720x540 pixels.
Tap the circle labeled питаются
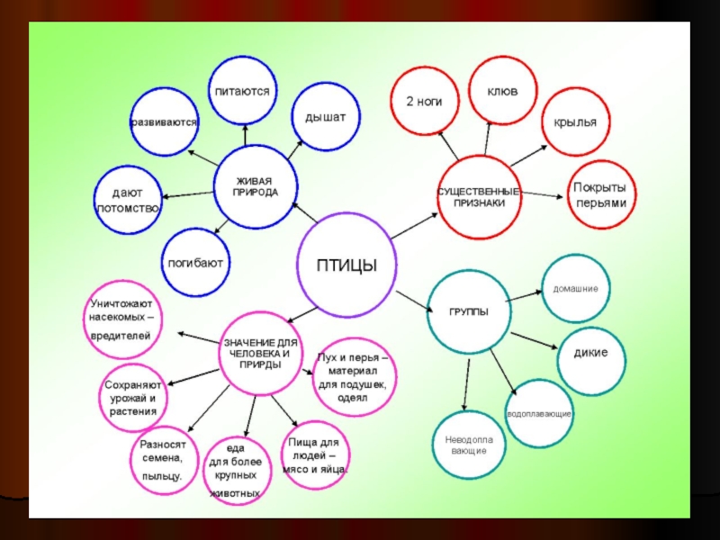(x=242, y=92)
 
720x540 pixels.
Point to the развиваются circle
(x=164, y=121)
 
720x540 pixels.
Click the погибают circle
(x=194, y=264)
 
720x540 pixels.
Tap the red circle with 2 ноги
(x=424, y=102)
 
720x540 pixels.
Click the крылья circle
(x=576, y=121)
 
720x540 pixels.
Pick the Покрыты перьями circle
(x=600, y=194)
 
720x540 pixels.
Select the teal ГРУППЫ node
(x=469, y=311)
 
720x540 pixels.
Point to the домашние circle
(x=576, y=289)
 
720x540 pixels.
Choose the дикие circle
(x=590, y=351)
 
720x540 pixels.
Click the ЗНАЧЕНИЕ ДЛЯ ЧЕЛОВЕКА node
(x=258, y=354)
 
